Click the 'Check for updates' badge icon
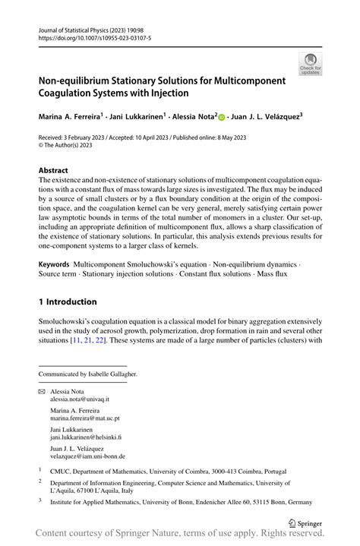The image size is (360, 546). (310, 64)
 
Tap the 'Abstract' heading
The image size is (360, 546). (52, 170)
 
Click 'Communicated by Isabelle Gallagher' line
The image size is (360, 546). (87, 374)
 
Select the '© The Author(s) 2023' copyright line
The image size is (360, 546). (72, 147)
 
